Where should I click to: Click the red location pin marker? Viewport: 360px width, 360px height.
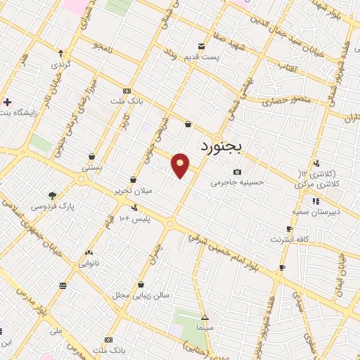point(181,166)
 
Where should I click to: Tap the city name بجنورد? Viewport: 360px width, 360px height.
point(220,147)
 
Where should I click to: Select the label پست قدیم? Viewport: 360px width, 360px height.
point(202,56)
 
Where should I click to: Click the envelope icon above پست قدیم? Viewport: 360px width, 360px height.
point(202,46)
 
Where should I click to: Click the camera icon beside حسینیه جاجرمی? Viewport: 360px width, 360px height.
point(237,172)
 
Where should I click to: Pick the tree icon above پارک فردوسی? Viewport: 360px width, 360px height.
point(52,195)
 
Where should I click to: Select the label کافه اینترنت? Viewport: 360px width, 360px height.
point(289,239)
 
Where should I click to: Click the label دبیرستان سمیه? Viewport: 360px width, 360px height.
point(316,211)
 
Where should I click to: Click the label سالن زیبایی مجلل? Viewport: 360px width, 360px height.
point(141,295)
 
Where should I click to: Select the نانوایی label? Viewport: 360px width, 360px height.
point(89,263)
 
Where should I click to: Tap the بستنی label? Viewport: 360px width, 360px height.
point(93,168)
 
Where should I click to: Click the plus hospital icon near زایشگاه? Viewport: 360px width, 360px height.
point(7,102)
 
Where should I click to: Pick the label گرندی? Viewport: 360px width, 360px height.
point(60,64)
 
